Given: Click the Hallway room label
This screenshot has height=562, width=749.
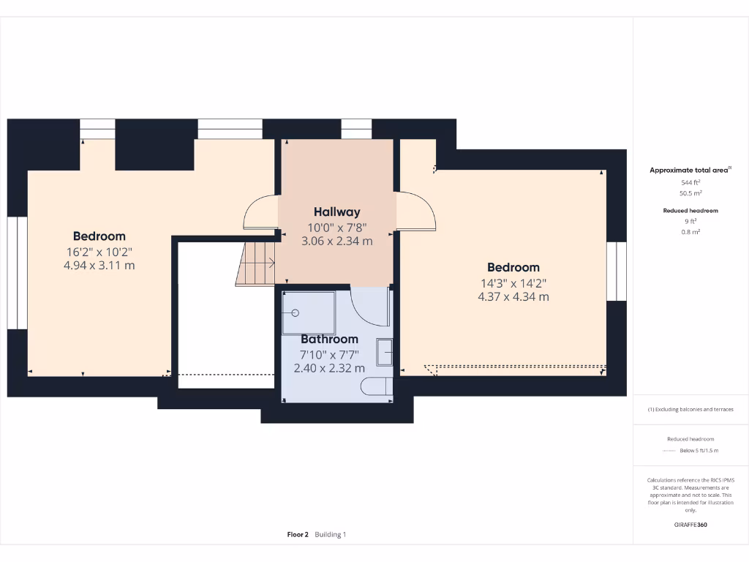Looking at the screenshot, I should pos(337,212).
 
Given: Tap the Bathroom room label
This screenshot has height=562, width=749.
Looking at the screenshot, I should pos(330,340).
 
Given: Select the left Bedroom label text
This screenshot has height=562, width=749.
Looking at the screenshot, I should pos(99,236).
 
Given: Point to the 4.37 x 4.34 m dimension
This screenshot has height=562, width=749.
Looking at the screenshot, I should pos(513,297).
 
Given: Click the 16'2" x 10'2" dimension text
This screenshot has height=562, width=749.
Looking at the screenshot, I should pos(99,251).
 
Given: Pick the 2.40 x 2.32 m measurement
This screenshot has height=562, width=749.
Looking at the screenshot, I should pos(329,368).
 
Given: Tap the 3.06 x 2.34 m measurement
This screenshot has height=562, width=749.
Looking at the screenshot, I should pos(337,240).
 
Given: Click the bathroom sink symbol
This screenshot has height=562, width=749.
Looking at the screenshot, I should pos(385,353).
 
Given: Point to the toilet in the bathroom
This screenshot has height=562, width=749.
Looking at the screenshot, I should pos(379,388).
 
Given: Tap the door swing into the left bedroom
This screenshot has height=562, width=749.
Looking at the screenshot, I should pos(260,214).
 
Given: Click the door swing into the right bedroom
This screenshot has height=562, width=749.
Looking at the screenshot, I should pos(418,210).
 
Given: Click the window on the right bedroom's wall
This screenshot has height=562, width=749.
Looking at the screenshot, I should pos(617,271).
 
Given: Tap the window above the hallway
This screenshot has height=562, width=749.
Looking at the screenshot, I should pos(356,130).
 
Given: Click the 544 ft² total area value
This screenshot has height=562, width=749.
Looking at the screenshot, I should pos(690,182).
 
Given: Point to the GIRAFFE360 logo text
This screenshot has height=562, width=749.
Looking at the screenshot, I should pos(690,524).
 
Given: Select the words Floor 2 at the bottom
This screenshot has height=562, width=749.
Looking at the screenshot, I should pos(298,534).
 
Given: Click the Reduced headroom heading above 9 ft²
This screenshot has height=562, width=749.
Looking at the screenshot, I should pos(690,211).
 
